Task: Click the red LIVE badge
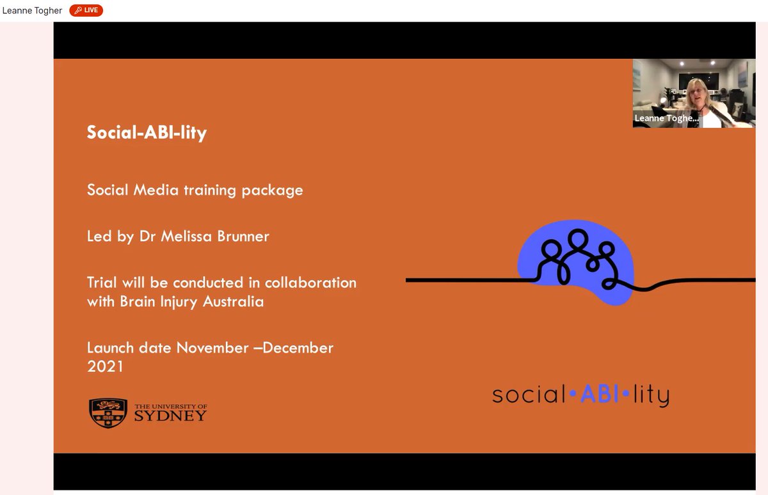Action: tap(86, 10)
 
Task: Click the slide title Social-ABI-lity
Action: tap(147, 132)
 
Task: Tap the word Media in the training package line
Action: tap(156, 190)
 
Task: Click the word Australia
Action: tap(233, 301)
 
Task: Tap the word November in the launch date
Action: tap(212, 348)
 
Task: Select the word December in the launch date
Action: tap(298, 348)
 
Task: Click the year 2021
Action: tap(105, 366)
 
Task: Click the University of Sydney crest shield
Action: tap(108, 412)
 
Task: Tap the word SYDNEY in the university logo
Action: tap(170, 416)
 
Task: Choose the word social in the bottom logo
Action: tap(528, 395)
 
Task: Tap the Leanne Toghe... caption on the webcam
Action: tap(666, 118)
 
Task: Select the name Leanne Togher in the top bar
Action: tap(32, 10)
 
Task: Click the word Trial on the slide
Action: tap(102, 283)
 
